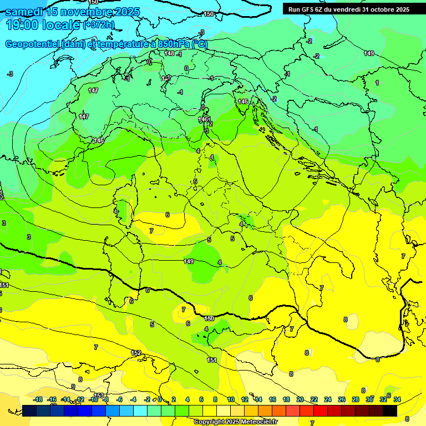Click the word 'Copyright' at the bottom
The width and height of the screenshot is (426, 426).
click(x=210, y=422)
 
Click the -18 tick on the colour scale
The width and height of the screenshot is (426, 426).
click(x=38, y=399)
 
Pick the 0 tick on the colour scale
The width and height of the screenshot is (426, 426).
click(x=160, y=399)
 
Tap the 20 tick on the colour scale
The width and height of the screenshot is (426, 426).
click(x=300, y=399)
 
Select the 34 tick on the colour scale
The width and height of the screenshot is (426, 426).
click(x=397, y=399)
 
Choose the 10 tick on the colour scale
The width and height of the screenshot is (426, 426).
click(x=230, y=399)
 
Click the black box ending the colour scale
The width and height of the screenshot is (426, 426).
click(x=389, y=410)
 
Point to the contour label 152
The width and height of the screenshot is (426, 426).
click(x=135, y=353)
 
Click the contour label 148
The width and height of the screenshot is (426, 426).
click(x=170, y=53)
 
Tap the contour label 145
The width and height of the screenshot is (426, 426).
click(x=243, y=102)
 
